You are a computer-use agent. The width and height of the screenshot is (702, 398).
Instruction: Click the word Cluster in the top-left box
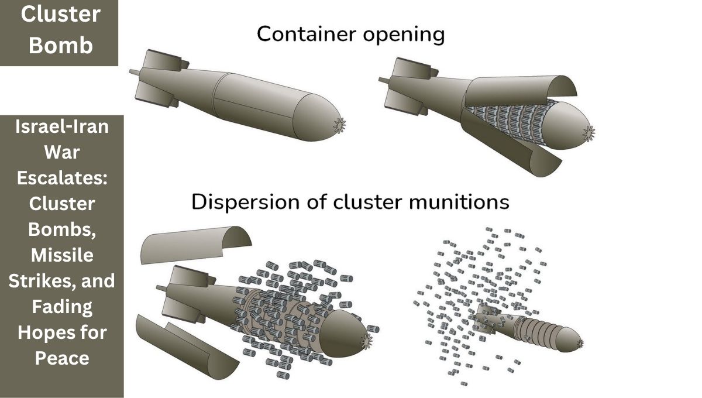[61, 15]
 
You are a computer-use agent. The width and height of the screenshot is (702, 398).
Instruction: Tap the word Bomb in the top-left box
[61, 45]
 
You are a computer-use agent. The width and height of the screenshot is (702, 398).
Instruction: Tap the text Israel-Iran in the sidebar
[62, 126]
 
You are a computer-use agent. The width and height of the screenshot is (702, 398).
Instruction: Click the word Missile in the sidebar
[62, 255]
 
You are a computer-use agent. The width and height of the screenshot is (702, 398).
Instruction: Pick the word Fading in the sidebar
[62, 306]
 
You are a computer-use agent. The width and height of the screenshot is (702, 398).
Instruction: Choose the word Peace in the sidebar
[62, 357]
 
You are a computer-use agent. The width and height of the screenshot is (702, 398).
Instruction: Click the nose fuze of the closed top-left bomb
[339, 125]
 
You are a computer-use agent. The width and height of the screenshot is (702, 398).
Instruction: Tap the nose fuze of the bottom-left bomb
[367, 341]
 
